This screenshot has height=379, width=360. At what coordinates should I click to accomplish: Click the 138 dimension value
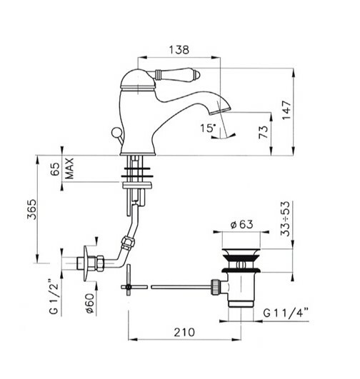(179, 49)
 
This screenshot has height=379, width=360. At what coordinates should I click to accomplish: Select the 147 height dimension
(286, 110)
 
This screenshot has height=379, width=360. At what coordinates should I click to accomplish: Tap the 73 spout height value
(264, 132)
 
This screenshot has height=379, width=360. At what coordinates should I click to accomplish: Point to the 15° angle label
(208, 128)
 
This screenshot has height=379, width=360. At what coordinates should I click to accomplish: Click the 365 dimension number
(31, 209)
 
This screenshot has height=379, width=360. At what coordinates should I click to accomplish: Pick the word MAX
(69, 168)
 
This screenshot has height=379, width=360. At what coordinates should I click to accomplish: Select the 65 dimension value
(55, 169)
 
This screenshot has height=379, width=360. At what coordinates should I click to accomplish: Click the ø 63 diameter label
(241, 225)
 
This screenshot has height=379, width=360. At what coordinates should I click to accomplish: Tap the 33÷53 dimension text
(285, 218)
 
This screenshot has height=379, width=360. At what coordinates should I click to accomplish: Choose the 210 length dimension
(184, 333)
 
